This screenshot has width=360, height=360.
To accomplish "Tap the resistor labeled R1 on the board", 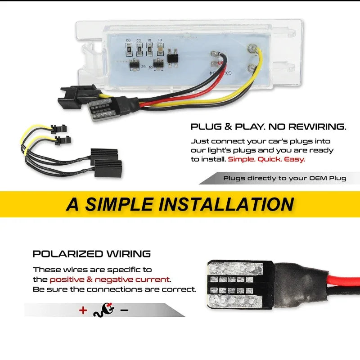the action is (149, 49).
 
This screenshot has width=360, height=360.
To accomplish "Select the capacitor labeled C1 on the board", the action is (160, 49).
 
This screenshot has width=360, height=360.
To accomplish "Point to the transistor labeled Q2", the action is (134, 64).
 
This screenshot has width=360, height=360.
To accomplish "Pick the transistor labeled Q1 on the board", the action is (158, 64).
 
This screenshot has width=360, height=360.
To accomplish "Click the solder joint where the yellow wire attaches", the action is (252, 48).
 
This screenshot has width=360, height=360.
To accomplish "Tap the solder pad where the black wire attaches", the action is (215, 54).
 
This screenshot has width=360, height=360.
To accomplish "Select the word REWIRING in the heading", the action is (317, 126).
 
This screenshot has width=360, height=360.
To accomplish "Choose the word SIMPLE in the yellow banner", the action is (119, 204).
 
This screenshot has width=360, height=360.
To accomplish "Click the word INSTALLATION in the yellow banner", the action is (226, 204).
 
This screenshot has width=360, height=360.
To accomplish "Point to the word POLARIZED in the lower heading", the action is (68, 254).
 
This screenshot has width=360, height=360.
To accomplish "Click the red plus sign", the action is (83, 310).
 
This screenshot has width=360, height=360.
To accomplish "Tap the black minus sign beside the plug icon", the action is (125, 310).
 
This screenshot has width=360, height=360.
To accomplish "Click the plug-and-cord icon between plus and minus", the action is (104, 310).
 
